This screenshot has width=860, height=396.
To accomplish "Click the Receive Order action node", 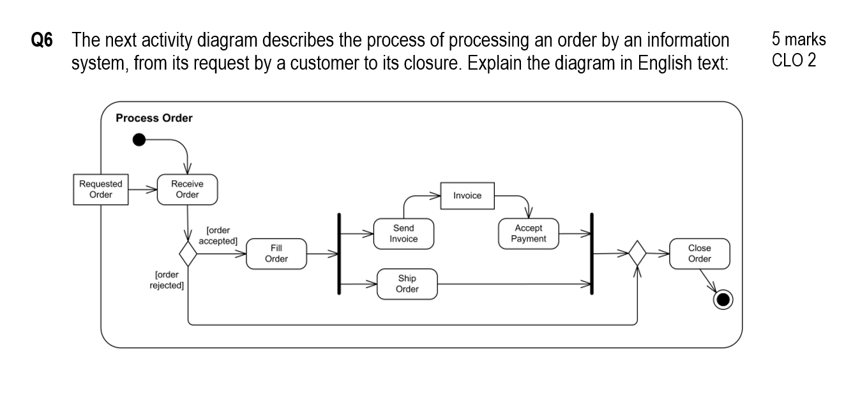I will pos(187,190).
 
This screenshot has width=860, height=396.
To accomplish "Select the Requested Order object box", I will pos(101,190).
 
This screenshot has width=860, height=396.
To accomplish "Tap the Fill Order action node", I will pos(276,254).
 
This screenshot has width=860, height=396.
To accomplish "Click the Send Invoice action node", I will pos(404,234).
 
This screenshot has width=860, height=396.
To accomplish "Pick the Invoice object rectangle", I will pos(467,195).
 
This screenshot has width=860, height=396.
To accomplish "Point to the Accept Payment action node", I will pos(529,234).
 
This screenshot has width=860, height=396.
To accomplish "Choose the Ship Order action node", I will pos(407,284).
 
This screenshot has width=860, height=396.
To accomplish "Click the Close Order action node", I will pos(699,254).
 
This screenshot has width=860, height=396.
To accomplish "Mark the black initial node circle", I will pos(139,140).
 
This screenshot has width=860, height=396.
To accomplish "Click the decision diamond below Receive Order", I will pos(188,254).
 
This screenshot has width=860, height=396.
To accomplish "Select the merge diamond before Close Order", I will pos(637,254).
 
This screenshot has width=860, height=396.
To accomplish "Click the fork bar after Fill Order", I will pos(339,254).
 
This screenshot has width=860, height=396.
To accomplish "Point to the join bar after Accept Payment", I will pos(592,254).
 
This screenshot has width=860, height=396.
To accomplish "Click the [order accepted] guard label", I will pos(218,236).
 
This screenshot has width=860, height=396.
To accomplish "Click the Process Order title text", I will pos(154,118).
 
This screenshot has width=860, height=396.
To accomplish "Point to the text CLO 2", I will pos(794,62).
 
